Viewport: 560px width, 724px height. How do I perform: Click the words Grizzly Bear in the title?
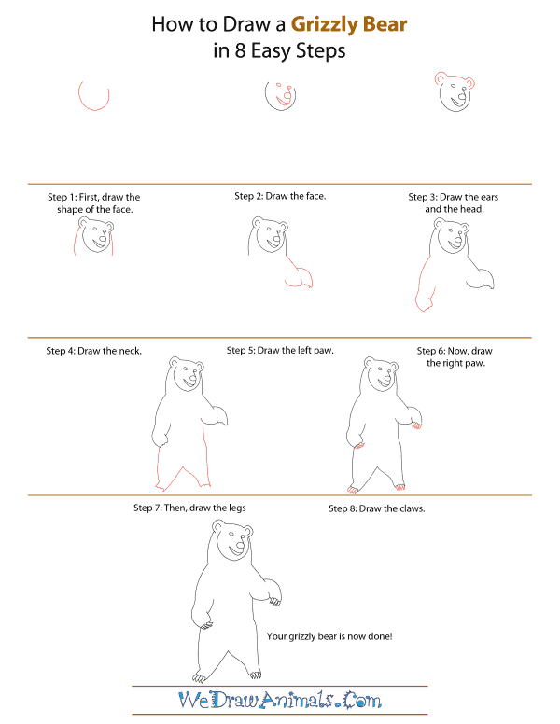pos(350,24)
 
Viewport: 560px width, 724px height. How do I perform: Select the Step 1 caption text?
pos(93,203)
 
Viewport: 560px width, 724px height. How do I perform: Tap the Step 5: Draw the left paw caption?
pos(280,351)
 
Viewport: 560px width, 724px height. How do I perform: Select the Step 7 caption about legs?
pos(196,508)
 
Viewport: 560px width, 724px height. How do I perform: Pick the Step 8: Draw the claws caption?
pos(383,508)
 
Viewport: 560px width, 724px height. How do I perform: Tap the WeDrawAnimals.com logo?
pos(279,699)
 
